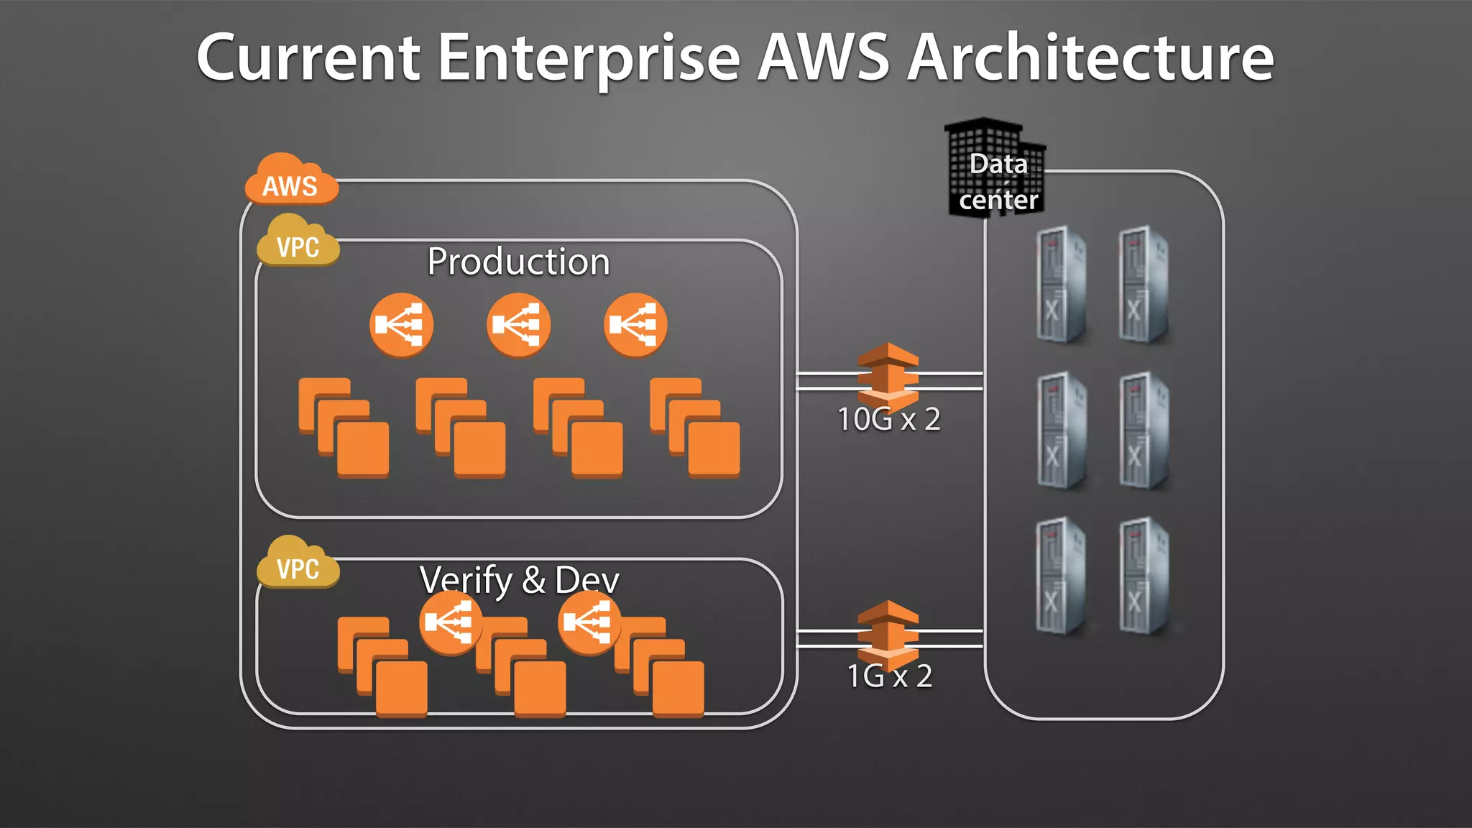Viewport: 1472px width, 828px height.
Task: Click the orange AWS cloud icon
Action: (x=290, y=181)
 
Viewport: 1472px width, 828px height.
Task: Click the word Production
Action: (x=518, y=262)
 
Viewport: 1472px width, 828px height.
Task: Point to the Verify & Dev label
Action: (x=518, y=579)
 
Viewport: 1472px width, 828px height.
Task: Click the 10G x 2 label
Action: (x=888, y=419)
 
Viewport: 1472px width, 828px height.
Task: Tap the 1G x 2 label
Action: (x=889, y=676)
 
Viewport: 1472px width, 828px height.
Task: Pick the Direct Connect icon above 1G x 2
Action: (x=888, y=631)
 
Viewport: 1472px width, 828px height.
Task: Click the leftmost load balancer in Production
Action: (x=401, y=325)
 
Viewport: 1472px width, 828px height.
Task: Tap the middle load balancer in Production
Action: (x=518, y=325)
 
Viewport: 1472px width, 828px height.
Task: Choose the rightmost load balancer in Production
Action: (x=635, y=325)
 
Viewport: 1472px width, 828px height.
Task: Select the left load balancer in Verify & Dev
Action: (x=451, y=622)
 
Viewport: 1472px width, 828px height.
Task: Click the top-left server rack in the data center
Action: (x=1060, y=285)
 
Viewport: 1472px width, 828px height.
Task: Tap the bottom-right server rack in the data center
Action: (x=1144, y=576)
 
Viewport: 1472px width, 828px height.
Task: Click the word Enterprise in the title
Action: (x=588, y=57)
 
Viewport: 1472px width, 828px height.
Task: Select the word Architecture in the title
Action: (x=1090, y=57)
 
